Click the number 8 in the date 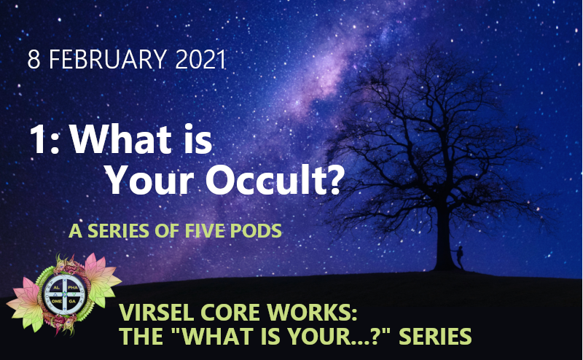pyautogui.click(x=34, y=60)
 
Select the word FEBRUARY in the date pyautogui.click(x=107, y=60)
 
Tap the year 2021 pyautogui.click(x=200, y=60)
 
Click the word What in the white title pyautogui.click(x=120, y=139)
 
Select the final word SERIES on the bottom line pyautogui.click(x=435, y=336)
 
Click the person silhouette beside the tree pyautogui.click(x=460, y=257)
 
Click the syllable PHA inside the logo pyautogui.click(x=73, y=288)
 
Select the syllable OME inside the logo pyautogui.click(x=57, y=301)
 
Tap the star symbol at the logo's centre pyautogui.click(x=65, y=294)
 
